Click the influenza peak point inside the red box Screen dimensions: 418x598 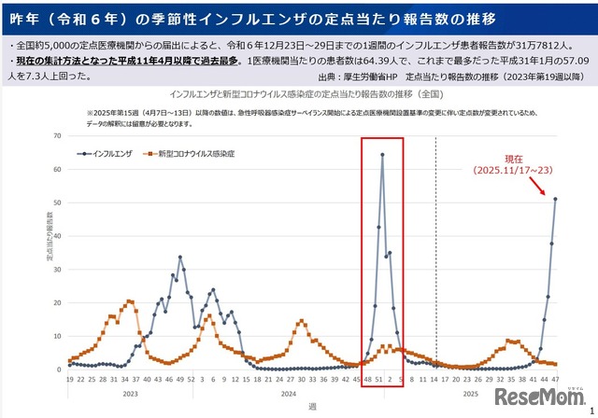(382, 155)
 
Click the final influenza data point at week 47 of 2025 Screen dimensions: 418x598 (555, 199)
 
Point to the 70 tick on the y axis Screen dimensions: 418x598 (58, 136)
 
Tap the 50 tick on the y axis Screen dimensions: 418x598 (58, 202)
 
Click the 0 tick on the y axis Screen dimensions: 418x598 (60, 369)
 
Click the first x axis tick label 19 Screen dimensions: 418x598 (69, 379)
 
